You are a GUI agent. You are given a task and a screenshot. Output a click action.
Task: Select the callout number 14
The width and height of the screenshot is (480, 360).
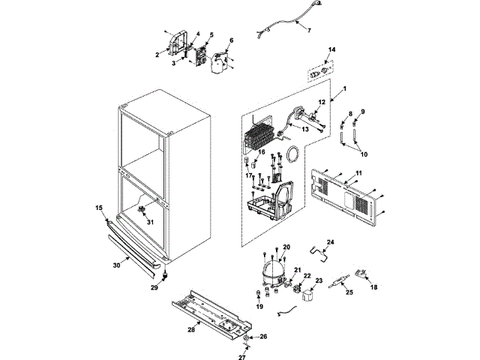coord(332,49)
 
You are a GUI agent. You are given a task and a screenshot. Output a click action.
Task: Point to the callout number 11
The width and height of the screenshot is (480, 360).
coord(358,174)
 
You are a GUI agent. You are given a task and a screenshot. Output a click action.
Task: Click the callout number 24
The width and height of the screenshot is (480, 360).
coord(331,242)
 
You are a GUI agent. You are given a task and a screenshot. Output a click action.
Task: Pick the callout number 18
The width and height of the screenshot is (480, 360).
coord(373,287)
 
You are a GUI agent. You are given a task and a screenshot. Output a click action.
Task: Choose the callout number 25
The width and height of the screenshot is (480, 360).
coord(349,292)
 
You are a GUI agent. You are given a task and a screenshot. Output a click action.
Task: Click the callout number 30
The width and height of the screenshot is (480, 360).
coord(116,264)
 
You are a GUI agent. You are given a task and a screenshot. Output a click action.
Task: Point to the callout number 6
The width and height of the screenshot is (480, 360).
coord(231,40)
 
